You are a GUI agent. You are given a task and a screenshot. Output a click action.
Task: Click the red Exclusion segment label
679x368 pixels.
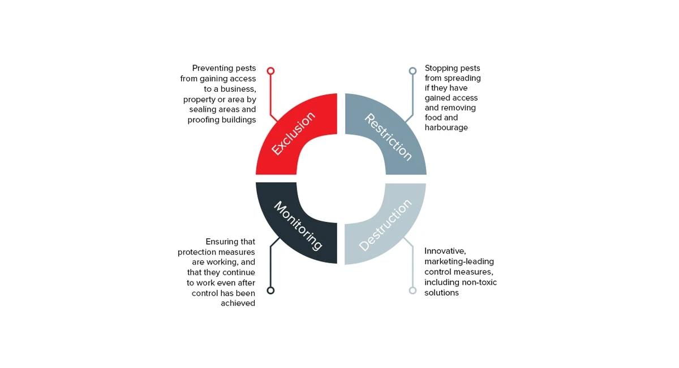pos(293,134)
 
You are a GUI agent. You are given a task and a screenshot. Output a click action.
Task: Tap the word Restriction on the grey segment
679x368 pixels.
pos(388,137)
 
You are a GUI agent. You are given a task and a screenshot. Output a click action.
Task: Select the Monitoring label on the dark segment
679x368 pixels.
pos(298,226)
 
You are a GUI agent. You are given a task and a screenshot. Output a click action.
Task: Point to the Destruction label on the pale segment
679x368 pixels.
pos(385,225)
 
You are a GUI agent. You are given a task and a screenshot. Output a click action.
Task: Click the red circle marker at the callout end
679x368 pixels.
pos(270,71)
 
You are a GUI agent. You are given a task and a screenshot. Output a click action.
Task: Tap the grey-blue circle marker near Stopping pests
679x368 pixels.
pos(412,71)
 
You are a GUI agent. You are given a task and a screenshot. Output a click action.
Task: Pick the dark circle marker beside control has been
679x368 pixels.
pos(270,290)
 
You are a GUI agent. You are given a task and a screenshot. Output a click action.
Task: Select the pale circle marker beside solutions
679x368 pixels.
pos(412,290)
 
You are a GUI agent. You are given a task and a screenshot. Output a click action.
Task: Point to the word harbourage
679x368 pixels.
pos(446,127)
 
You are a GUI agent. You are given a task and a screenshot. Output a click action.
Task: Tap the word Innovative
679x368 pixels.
pos(445,251)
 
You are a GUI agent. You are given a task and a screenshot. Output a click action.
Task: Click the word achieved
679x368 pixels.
pos(238,303)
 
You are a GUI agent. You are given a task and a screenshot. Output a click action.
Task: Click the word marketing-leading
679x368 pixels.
pos(459,262)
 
